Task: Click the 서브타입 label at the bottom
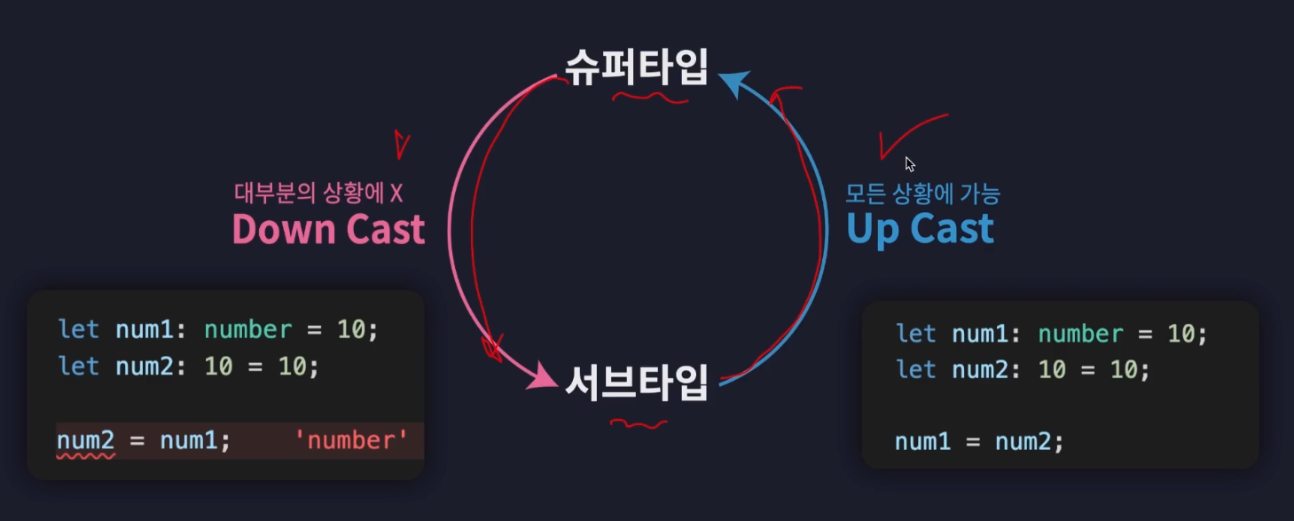(636, 383)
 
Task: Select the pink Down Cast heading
(328, 229)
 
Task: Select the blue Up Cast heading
(920, 229)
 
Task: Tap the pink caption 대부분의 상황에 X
(318, 192)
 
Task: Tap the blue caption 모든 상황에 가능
(922, 192)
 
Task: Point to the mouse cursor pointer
(909, 163)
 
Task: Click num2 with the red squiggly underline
(86, 440)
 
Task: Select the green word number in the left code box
(247, 329)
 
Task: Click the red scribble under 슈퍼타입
(650, 97)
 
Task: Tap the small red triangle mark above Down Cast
(402, 143)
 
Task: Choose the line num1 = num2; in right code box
(978, 441)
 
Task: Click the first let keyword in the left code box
(78, 329)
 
